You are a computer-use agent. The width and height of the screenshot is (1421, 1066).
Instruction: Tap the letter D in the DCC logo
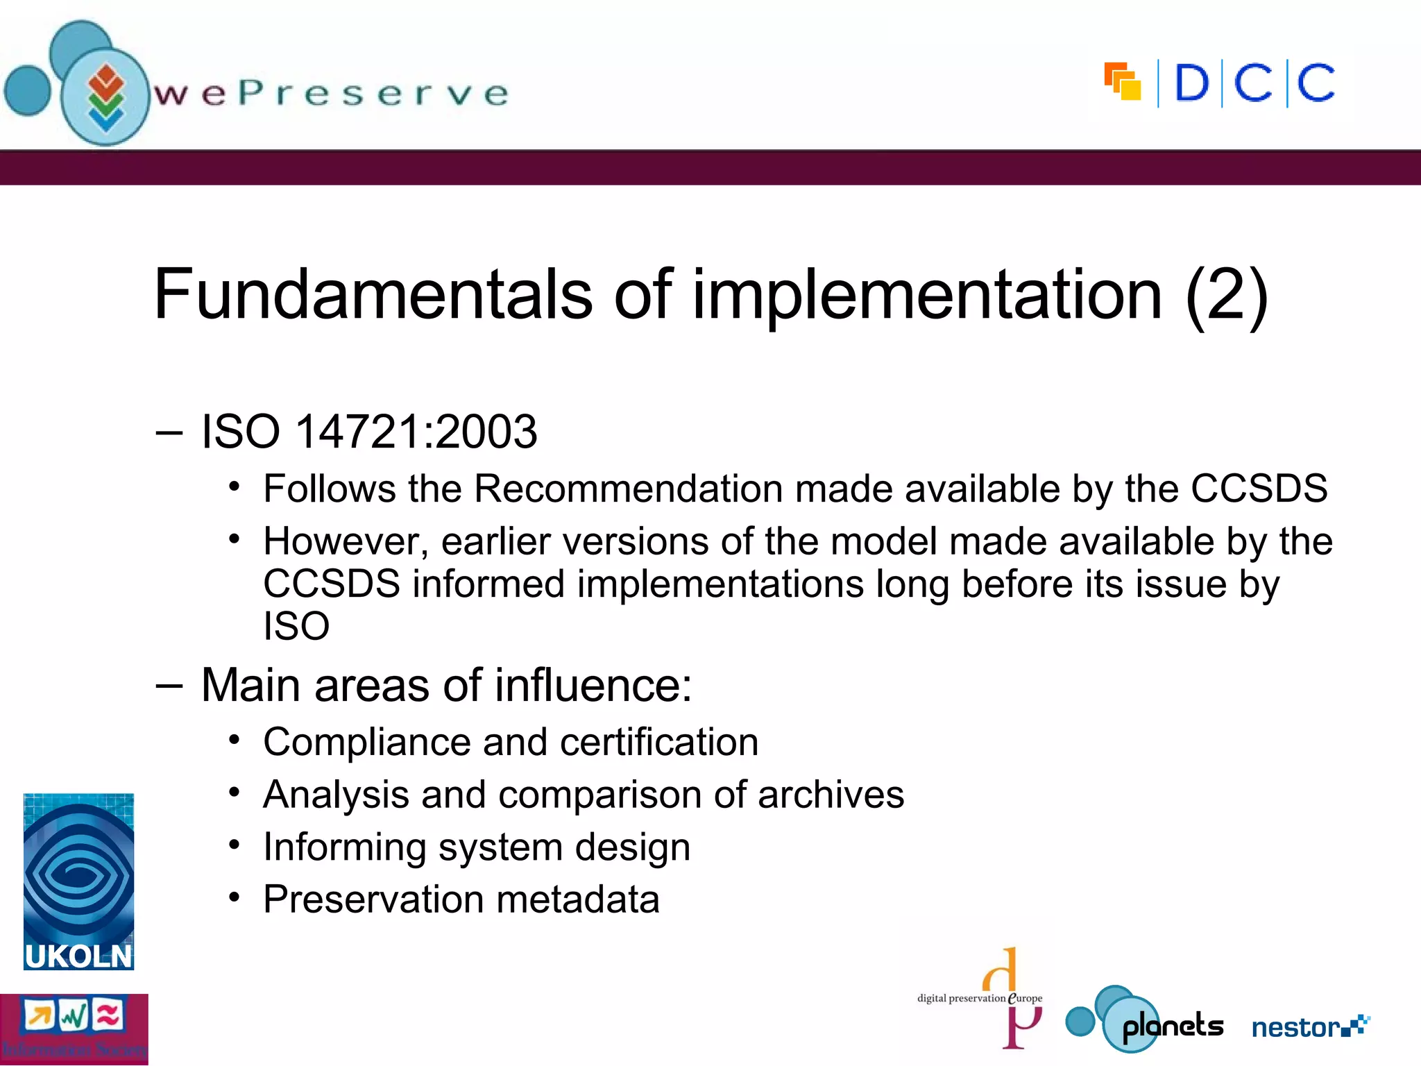coord(1191,84)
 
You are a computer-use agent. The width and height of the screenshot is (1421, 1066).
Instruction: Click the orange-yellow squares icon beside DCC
coord(1123,82)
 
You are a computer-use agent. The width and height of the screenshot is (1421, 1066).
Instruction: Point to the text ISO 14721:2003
coord(368,432)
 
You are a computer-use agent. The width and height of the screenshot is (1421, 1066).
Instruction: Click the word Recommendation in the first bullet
coord(628,489)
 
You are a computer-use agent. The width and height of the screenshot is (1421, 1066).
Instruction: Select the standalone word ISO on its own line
coord(296,626)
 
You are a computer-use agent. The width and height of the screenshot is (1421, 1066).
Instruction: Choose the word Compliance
coord(366,742)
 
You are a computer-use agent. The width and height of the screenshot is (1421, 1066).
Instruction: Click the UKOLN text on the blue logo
coord(78,956)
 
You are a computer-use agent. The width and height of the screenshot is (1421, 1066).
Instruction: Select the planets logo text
coord(1172,1026)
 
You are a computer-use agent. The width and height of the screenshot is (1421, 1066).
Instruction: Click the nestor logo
coord(1309,1026)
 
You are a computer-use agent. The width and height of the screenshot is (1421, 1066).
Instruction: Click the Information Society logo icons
coord(74,1017)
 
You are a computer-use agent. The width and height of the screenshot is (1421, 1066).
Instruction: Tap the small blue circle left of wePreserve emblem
coord(28,90)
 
